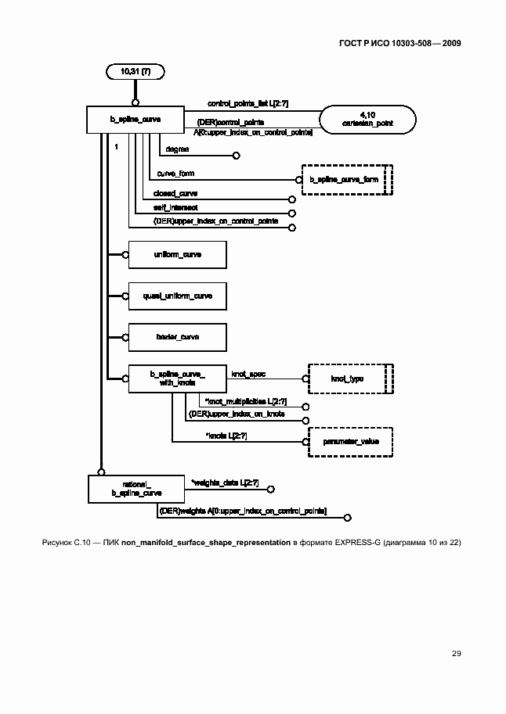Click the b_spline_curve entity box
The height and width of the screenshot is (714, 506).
(x=136, y=120)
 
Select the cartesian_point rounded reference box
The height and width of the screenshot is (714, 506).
(x=367, y=120)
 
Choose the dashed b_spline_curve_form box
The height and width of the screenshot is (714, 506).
(x=345, y=179)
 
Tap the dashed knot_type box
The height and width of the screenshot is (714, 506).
(x=349, y=379)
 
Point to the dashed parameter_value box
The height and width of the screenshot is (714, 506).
(x=349, y=442)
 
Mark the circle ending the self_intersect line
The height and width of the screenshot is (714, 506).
(x=291, y=213)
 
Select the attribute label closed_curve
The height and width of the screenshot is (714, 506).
(x=175, y=192)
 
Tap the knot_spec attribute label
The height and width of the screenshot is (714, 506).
(x=248, y=374)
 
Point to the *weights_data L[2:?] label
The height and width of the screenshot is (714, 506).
(x=225, y=483)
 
